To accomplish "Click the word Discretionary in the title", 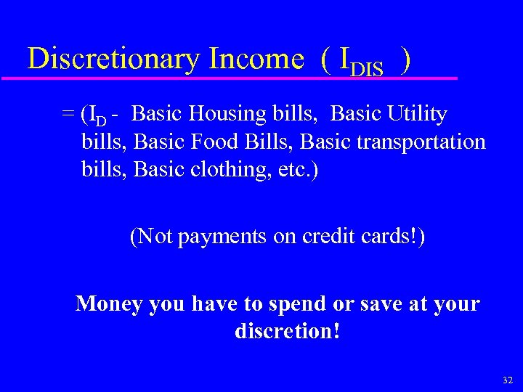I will coord(114,59).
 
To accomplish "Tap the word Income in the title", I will coord(256,59).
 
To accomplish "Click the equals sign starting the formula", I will coord(68,115).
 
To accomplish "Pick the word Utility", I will coord(416,114).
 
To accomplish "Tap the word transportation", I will coord(421,141).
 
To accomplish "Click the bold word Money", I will coord(109,303).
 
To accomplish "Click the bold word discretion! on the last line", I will coord(288,331).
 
